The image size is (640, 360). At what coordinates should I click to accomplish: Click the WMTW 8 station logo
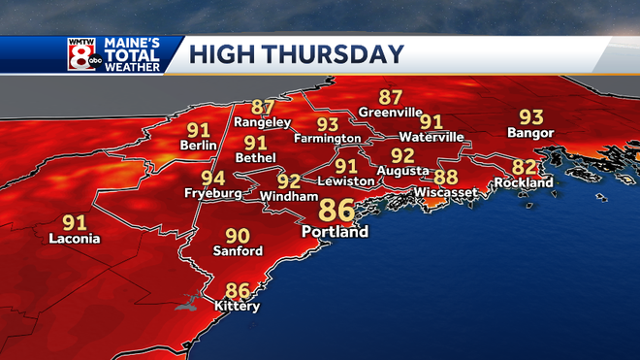click(83, 54)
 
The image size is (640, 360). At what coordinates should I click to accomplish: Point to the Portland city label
click(335, 232)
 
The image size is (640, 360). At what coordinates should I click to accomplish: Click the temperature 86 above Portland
click(336, 210)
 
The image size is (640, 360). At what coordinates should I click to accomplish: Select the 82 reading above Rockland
click(524, 166)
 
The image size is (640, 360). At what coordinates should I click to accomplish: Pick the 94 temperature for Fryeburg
click(213, 179)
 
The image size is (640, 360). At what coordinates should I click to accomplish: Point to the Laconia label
click(74, 238)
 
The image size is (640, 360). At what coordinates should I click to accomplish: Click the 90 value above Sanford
click(238, 236)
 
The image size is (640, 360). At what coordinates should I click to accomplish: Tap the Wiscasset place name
click(445, 192)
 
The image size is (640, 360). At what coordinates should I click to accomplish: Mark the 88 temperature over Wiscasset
click(445, 177)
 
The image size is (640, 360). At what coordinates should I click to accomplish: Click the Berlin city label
click(198, 145)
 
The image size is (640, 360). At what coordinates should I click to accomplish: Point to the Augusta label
click(403, 171)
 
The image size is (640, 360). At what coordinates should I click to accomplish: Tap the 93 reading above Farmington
click(328, 124)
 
